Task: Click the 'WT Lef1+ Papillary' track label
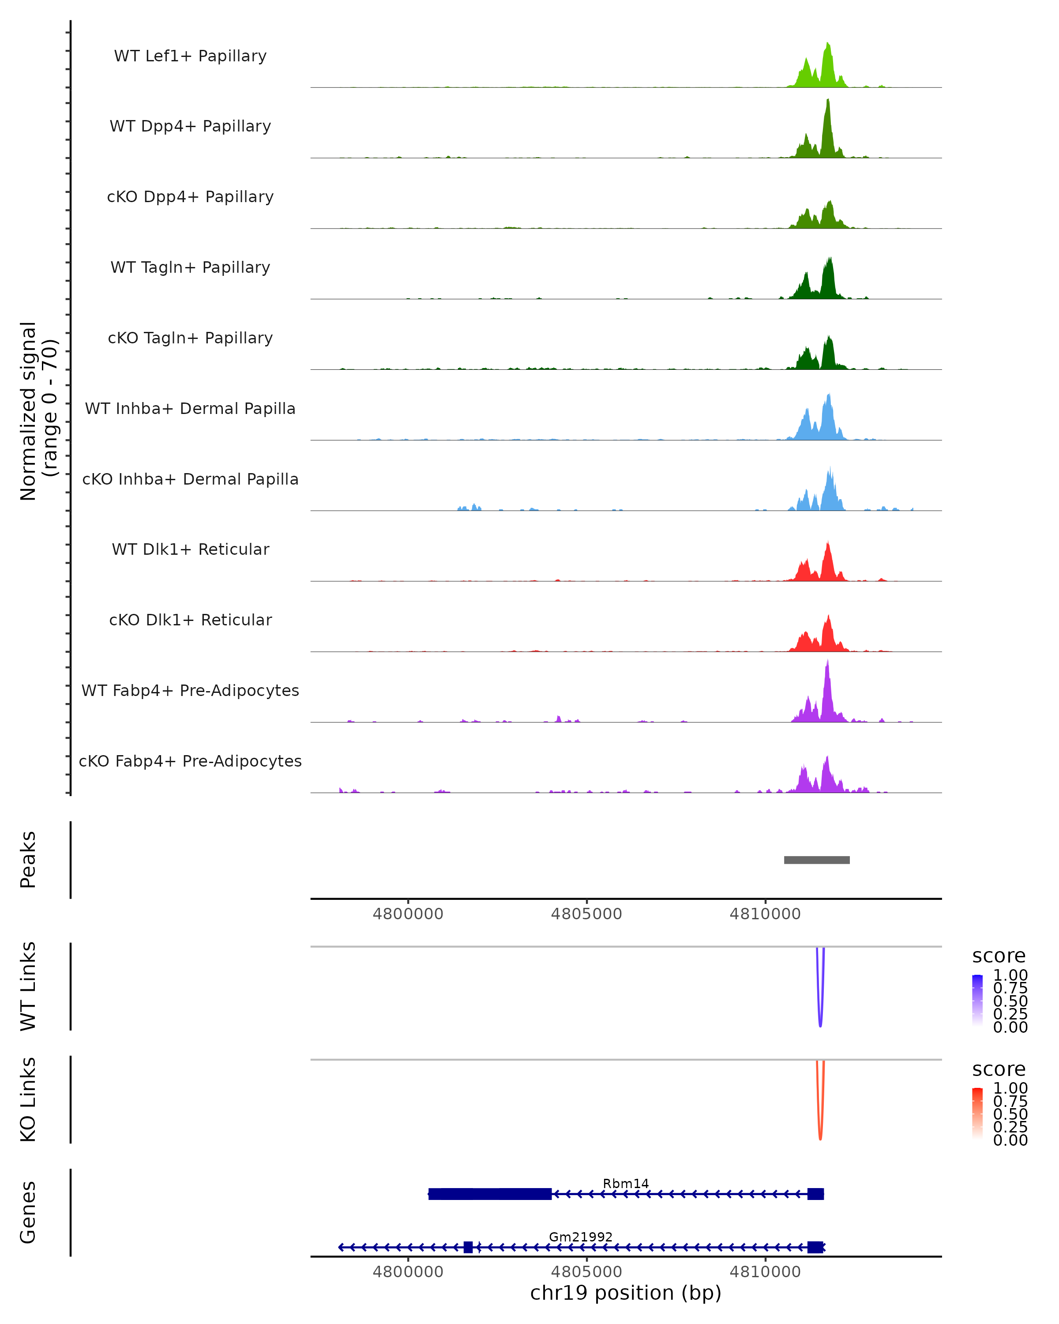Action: coord(190,56)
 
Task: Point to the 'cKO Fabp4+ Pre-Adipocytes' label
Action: coord(190,761)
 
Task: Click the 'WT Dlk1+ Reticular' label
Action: coord(190,549)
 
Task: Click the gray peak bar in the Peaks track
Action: coord(816,860)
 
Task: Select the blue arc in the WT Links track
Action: coord(820,1023)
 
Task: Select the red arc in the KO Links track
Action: coord(820,1136)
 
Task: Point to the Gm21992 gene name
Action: coord(581,1237)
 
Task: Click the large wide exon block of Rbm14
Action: coord(490,1194)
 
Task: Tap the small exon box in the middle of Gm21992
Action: coord(469,1247)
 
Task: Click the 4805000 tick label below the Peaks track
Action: coord(586,914)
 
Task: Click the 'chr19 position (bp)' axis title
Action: coord(626,1293)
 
